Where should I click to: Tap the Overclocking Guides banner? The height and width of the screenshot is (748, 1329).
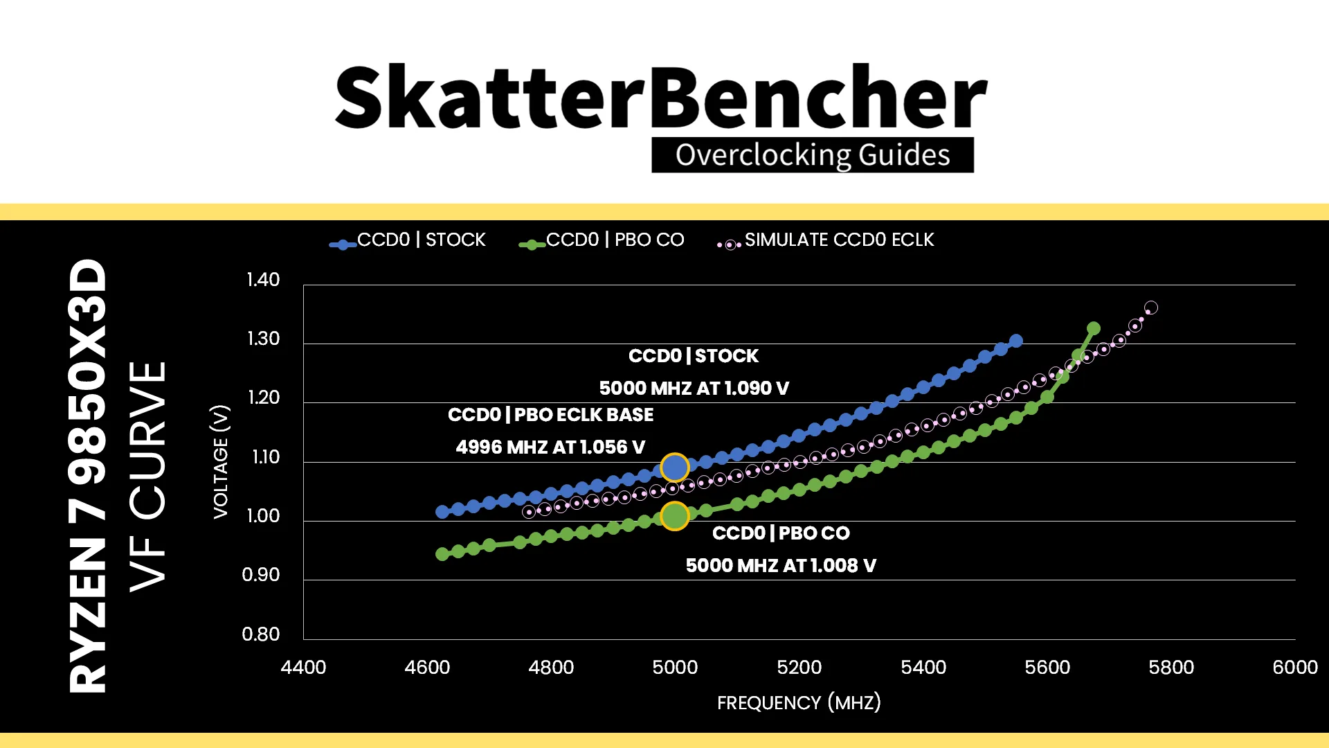pyautogui.click(x=813, y=154)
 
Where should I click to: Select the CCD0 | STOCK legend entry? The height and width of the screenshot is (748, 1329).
pyautogui.click(x=408, y=240)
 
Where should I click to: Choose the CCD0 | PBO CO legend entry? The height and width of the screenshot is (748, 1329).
pyautogui.click(x=602, y=240)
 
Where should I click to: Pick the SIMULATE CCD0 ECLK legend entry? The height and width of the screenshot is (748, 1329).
pyautogui.click(x=826, y=240)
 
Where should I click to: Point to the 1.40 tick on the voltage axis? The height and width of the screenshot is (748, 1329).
pyautogui.click(x=263, y=280)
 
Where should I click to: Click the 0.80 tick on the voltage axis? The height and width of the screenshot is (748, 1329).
pyautogui.click(x=261, y=634)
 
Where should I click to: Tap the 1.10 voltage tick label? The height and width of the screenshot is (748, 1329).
pyautogui.click(x=264, y=457)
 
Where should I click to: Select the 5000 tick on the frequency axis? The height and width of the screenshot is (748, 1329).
pyautogui.click(x=675, y=668)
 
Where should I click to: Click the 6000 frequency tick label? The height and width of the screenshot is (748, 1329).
pyautogui.click(x=1295, y=668)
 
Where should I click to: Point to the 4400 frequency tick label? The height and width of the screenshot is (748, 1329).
pyautogui.click(x=303, y=668)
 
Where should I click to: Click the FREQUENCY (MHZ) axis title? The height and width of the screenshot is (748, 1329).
pyautogui.click(x=799, y=703)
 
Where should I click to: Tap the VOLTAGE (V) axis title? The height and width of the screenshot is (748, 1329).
pyautogui.click(x=221, y=461)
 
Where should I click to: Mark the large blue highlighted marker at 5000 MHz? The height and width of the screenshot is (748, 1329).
pyautogui.click(x=674, y=467)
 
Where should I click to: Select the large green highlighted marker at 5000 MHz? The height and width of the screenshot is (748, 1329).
pyautogui.click(x=674, y=516)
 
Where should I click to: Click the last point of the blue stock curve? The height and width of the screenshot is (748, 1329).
pyautogui.click(x=1016, y=341)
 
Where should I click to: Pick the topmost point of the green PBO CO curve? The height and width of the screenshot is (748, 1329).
pyautogui.click(x=1094, y=328)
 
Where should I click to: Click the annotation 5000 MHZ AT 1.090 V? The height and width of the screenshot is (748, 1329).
pyautogui.click(x=694, y=389)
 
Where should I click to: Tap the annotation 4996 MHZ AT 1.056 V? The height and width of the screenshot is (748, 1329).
pyautogui.click(x=550, y=447)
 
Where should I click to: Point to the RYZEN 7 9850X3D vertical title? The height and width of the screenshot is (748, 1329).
pyautogui.click(x=88, y=476)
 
